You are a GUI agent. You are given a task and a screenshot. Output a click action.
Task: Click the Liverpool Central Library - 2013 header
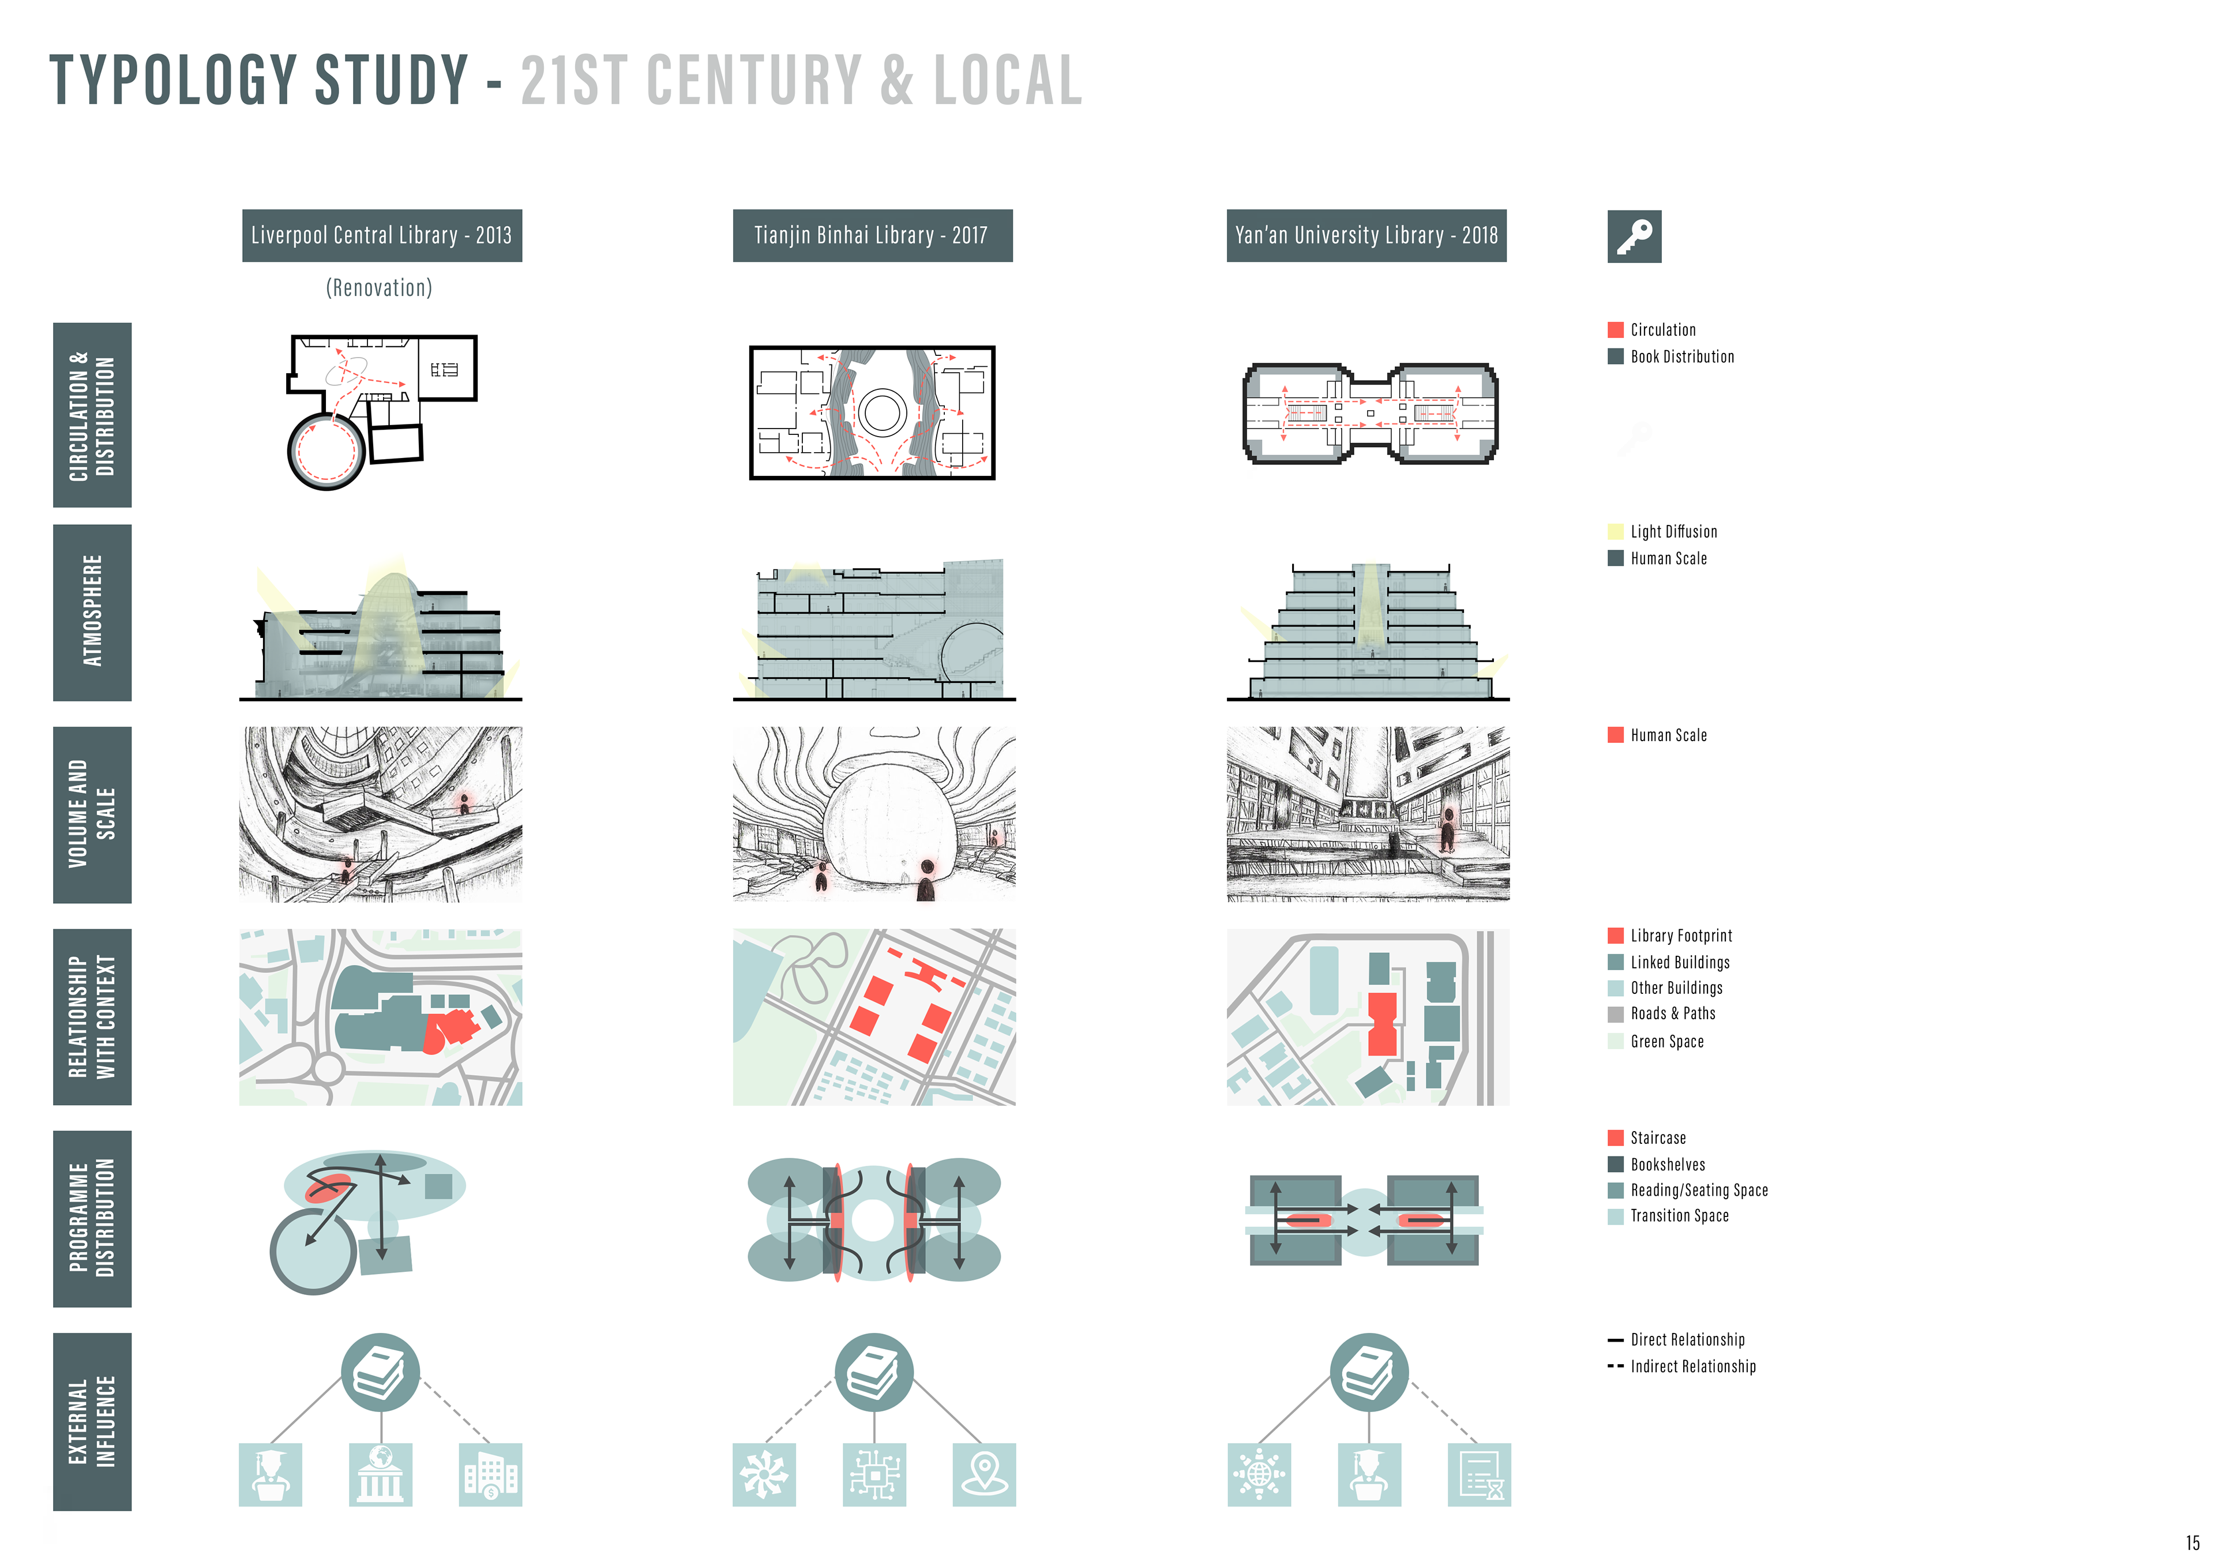coord(381,235)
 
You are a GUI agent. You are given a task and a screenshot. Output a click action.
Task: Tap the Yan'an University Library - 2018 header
coord(1366,235)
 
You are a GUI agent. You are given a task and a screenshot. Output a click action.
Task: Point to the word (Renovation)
coord(379,288)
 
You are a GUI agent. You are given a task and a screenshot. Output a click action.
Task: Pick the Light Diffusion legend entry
coord(1673,532)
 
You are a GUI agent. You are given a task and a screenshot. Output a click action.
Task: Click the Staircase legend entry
coord(1657,1137)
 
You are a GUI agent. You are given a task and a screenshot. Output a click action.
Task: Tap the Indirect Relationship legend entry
coord(1692,1366)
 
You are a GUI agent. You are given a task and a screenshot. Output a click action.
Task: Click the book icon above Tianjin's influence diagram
coord(874,1372)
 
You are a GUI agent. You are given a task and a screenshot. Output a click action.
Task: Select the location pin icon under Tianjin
coord(984,1474)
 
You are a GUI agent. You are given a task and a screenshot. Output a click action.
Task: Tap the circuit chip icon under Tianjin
coord(874,1474)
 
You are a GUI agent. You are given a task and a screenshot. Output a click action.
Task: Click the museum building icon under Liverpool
coord(380,1474)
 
